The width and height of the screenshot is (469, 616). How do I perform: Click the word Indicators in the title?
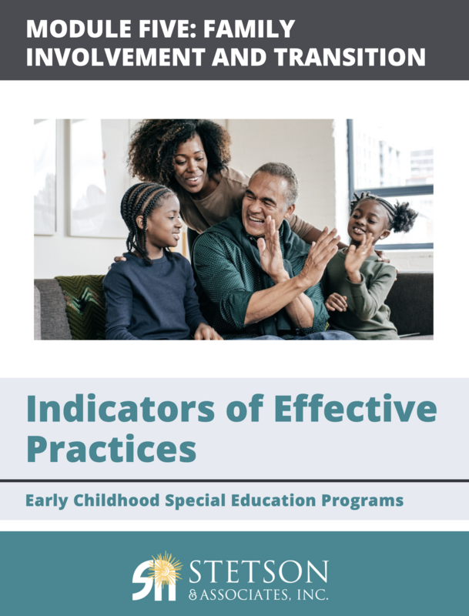click(x=120, y=409)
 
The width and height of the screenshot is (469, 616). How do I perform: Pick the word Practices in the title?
click(x=111, y=447)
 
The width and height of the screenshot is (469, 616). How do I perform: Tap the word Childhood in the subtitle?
click(x=115, y=500)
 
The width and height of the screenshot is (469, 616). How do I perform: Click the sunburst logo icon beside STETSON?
click(x=156, y=574)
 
